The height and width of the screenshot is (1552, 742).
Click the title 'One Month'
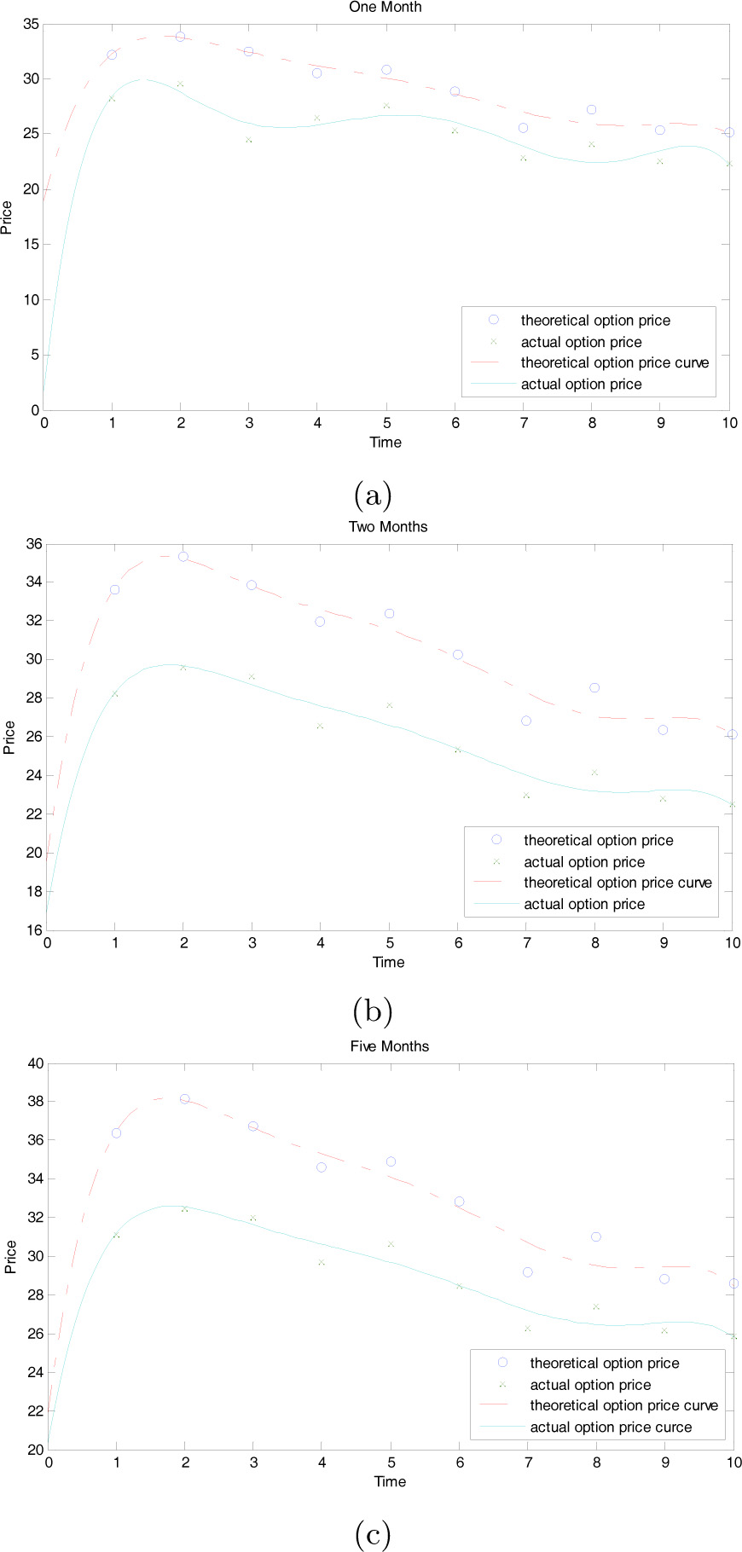pyautogui.click(x=385, y=7)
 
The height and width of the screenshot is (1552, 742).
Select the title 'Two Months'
pyautogui.click(x=388, y=526)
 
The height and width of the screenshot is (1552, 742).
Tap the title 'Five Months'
pyautogui.click(x=390, y=1045)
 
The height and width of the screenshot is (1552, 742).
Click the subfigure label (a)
pyautogui.click(x=372, y=494)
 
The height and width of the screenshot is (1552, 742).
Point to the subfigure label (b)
pyautogui.click(x=372, y=1012)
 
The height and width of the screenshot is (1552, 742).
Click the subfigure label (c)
pyautogui.click(x=372, y=1534)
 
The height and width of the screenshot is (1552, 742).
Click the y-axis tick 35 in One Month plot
pyautogui.click(x=30, y=24)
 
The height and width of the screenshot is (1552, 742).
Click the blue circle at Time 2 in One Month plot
pyautogui.click(x=180, y=37)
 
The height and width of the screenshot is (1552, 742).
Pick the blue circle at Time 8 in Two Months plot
pyautogui.click(x=594, y=687)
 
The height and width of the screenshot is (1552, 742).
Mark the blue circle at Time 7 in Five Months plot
pyautogui.click(x=527, y=1271)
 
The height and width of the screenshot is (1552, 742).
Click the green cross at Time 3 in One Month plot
pyautogui.click(x=249, y=139)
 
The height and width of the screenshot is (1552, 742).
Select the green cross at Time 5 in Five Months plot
pyautogui.click(x=391, y=1244)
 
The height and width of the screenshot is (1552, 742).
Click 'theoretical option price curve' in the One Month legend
pyautogui.click(x=614, y=362)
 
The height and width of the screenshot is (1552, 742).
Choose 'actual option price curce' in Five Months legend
pyautogui.click(x=611, y=1427)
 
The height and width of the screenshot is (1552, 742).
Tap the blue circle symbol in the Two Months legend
pyautogui.click(x=496, y=840)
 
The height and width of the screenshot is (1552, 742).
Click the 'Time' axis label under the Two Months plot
pyautogui.click(x=388, y=962)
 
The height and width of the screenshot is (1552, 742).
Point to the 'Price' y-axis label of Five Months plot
pyautogui.click(x=10, y=1256)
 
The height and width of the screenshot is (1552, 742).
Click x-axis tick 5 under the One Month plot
pyautogui.click(x=386, y=423)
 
